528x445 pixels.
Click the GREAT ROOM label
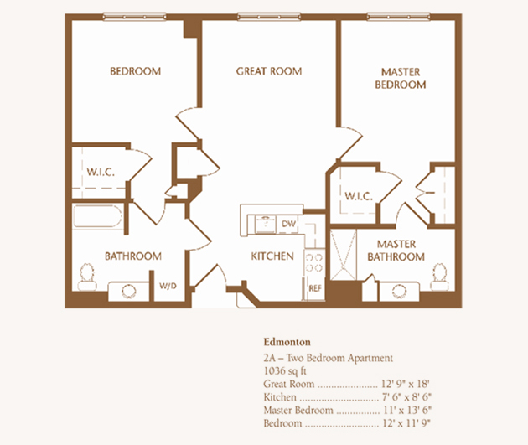(x=269, y=71)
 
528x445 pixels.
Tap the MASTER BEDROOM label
(x=401, y=78)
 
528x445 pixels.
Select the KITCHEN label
(x=272, y=256)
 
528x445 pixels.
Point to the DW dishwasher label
(x=288, y=224)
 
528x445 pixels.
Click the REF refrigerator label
(x=315, y=288)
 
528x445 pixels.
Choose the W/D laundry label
(x=168, y=286)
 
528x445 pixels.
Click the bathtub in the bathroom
(x=97, y=216)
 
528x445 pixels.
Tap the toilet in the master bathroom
(x=440, y=277)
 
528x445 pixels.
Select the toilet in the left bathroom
(x=87, y=277)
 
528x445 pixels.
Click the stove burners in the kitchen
(x=314, y=262)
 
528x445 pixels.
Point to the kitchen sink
(x=266, y=225)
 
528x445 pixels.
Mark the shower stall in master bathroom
(x=343, y=255)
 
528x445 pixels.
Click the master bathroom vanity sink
(x=400, y=291)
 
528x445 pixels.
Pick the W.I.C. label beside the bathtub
(x=101, y=172)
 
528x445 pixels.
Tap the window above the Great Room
(x=269, y=16)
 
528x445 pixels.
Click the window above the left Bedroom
(x=134, y=16)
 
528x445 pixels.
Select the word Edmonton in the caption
(x=287, y=342)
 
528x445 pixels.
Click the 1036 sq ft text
(x=285, y=371)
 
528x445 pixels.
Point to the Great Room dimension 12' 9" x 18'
(x=405, y=383)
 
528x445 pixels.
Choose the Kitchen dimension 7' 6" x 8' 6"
(x=406, y=397)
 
